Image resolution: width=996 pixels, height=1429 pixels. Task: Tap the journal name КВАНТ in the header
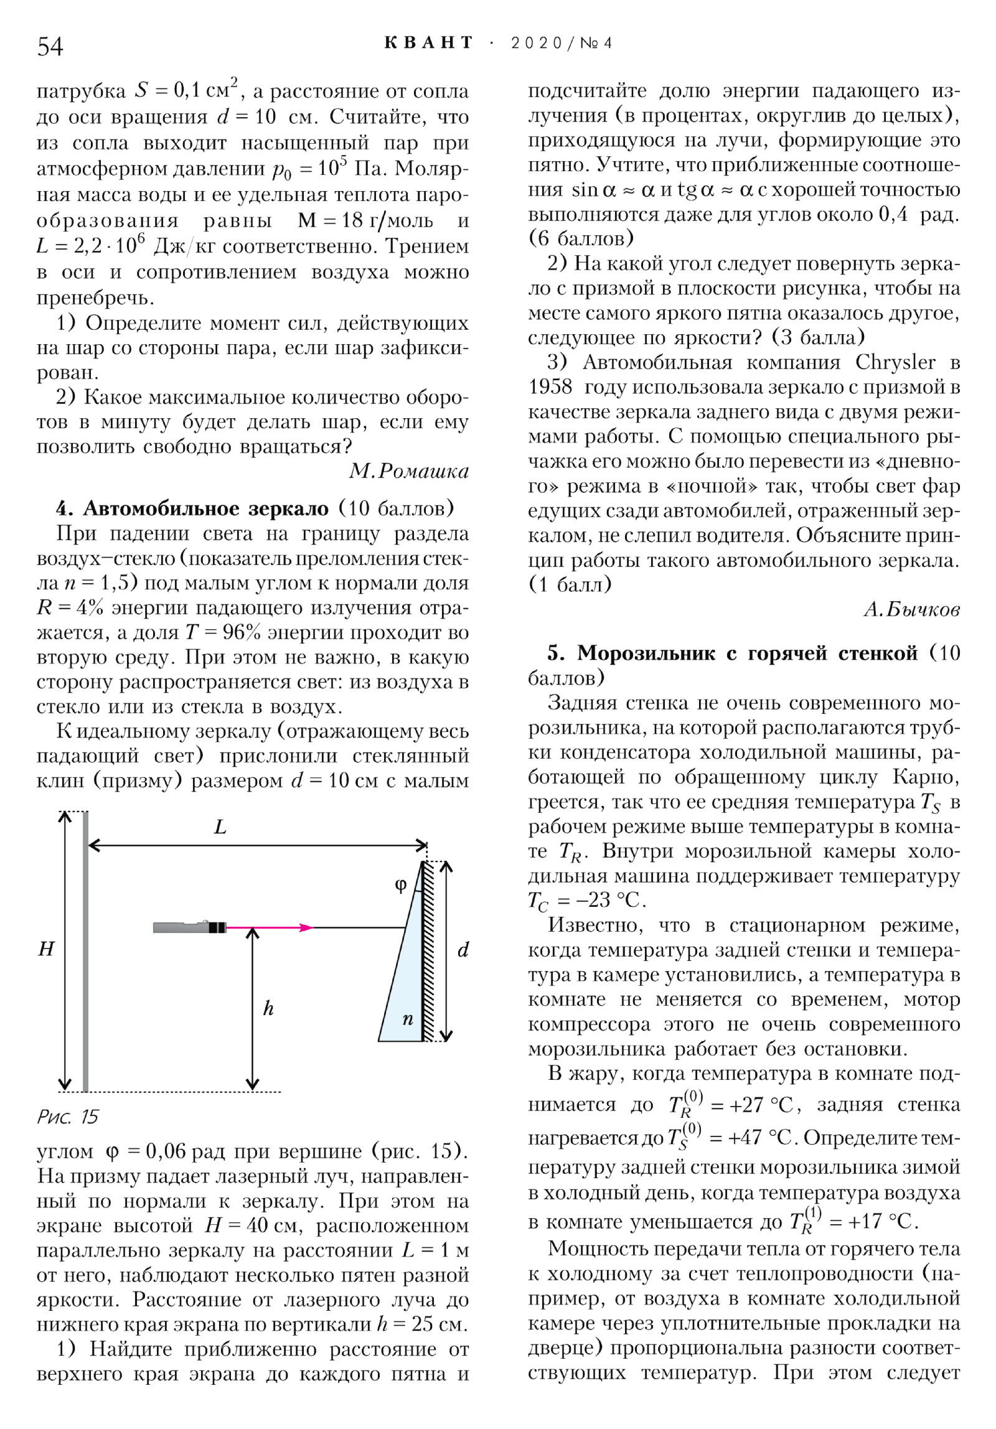429,43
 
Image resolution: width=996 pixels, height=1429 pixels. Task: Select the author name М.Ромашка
408,471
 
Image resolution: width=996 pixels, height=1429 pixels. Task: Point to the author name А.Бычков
911,609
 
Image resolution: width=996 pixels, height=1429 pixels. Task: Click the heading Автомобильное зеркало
205,508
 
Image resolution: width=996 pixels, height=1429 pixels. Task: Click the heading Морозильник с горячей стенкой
747,653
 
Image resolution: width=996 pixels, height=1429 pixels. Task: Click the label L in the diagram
220,827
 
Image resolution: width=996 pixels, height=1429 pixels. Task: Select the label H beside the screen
46,949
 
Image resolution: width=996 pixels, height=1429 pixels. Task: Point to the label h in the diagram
268,1008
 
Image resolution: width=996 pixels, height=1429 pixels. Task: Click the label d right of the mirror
463,950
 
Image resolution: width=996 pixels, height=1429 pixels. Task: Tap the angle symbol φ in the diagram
402,884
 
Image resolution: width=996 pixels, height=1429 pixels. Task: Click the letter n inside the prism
408,1019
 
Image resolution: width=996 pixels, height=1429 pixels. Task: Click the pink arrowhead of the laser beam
306,927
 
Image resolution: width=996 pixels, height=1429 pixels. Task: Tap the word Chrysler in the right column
895,362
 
